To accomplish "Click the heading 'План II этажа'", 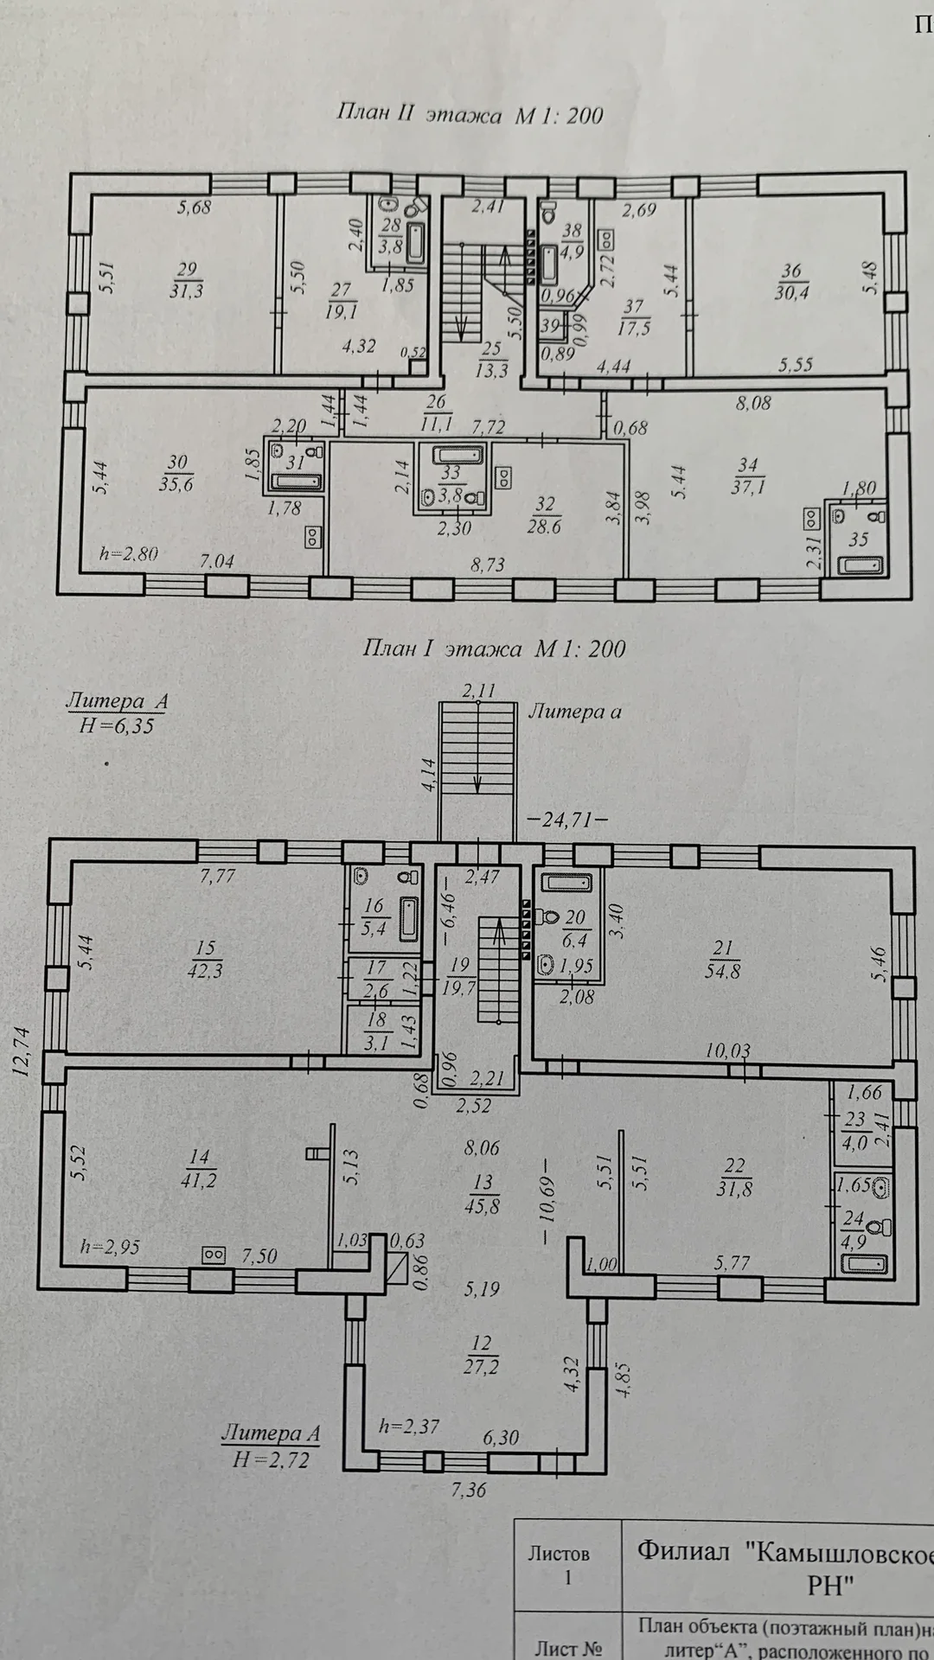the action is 419,114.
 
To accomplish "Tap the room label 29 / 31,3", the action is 186,281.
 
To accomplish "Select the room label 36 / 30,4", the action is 791,281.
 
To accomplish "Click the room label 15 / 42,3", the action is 205,960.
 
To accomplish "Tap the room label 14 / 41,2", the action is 199,1169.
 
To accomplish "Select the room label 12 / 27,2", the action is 481,1355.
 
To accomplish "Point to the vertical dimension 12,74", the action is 22,1050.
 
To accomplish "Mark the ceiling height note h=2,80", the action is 128,553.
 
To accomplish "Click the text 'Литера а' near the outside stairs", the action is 575,712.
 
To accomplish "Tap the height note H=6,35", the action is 117,725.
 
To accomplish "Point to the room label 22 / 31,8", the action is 734,1178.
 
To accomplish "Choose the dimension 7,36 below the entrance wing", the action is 468,1490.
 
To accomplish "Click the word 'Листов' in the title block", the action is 559,1553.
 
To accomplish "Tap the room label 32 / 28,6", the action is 544,515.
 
